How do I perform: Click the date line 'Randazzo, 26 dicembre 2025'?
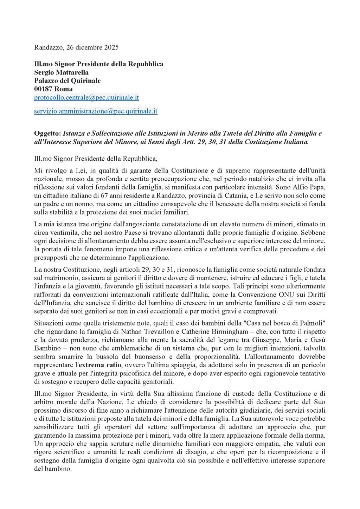coord(76,47)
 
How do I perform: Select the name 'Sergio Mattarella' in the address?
coord(61,72)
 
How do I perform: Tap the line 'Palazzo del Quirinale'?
coord(67,80)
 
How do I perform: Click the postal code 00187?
coord(43,89)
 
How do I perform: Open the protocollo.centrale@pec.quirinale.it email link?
coord(86,97)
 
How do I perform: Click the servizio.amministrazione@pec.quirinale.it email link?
coord(96,111)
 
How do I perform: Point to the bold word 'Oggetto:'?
coord(47,134)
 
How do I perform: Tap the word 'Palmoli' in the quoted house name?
coord(310,323)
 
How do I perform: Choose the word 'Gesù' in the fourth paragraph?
coord(318,340)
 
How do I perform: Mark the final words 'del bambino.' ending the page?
coord(53,469)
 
